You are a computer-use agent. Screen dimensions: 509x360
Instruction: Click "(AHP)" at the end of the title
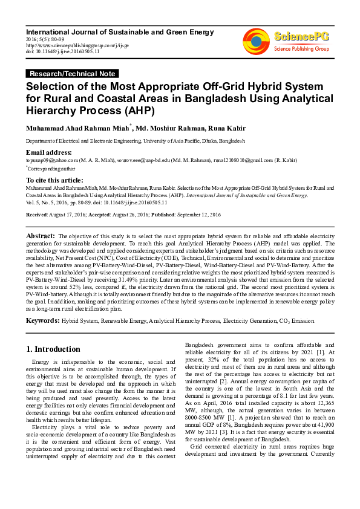tap(155, 111)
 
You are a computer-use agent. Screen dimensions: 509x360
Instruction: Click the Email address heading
tap(48, 152)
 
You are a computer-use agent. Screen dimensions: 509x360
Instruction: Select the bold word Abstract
tap(41, 235)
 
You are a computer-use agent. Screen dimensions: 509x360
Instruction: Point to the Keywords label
tap(42, 319)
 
